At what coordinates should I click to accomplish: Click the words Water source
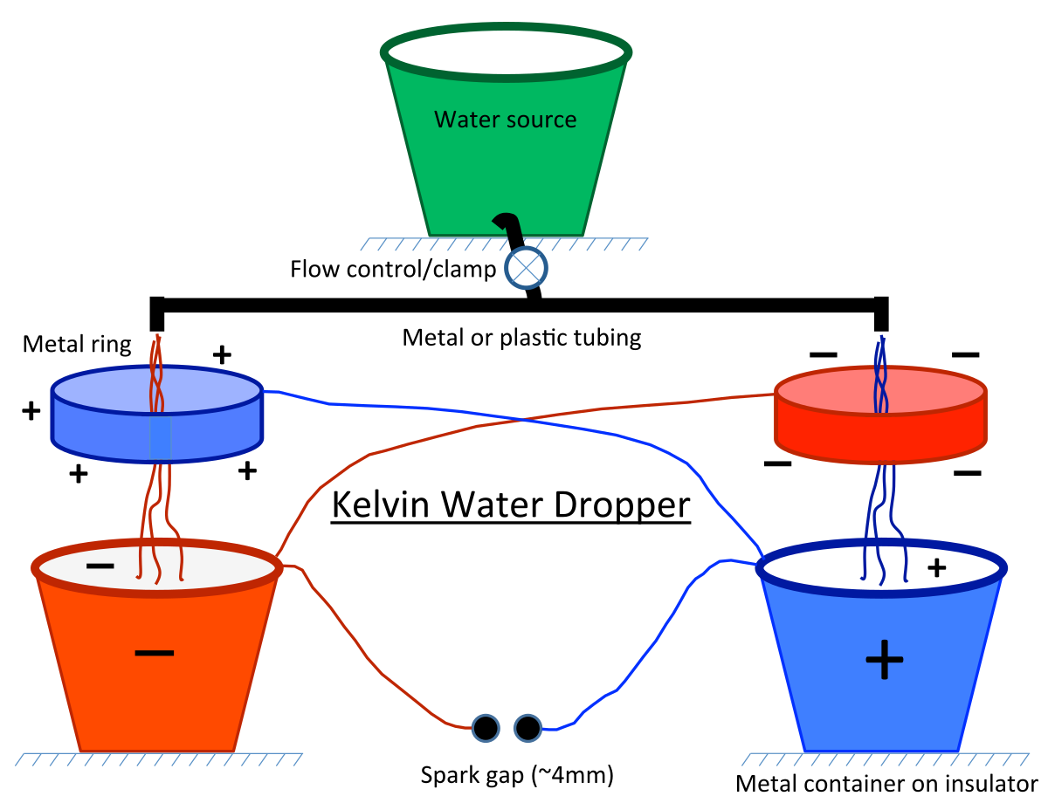pos(505,120)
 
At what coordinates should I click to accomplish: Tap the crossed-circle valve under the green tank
pos(526,267)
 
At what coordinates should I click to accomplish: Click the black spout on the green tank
pos(511,226)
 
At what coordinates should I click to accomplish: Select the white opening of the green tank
pos(507,51)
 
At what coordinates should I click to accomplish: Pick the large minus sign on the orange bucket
pos(155,652)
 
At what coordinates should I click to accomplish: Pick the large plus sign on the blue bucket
pos(884,659)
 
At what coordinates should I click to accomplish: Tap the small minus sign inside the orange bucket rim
pos(100,566)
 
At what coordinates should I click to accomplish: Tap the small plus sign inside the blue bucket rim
pos(936,568)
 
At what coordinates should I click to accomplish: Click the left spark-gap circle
pos(486,728)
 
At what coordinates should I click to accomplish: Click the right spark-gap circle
pos(527,728)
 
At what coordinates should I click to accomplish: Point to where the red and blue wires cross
pos(522,420)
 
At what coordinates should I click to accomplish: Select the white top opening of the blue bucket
pos(812,568)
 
